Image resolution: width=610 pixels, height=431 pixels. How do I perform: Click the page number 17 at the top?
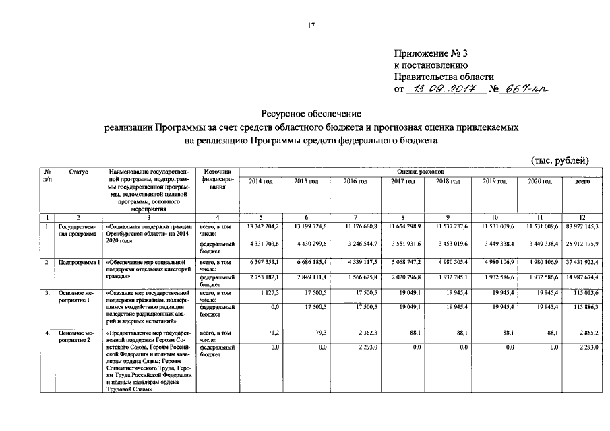click(x=311, y=25)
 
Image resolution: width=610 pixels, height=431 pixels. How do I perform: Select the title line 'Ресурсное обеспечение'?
click(x=311, y=114)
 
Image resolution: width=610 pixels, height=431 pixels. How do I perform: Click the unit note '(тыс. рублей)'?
click(x=560, y=160)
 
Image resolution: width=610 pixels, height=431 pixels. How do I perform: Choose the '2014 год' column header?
click(x=260, y=182)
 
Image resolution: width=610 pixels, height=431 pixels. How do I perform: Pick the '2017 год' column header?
click(x=402, y=182)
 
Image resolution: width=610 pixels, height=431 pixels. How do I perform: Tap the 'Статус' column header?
click(x=78, y=172)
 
